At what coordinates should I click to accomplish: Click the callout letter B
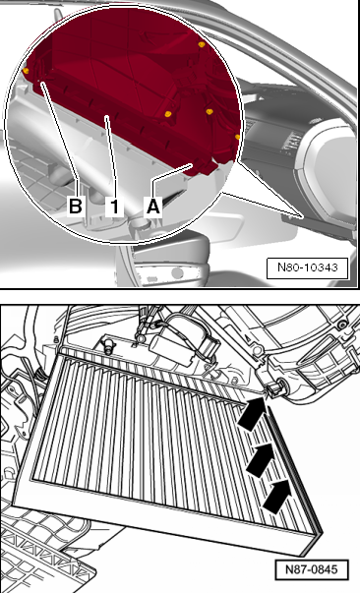click(x=75, y=207)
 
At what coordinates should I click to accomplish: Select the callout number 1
click(x=114, y=207)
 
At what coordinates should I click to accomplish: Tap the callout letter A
click(x=153, y=207)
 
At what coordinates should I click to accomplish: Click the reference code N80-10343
click(x=308, y=267)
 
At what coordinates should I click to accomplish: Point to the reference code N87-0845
click(x=311, y=569)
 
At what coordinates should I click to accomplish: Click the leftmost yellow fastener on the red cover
click(x=26, y=71)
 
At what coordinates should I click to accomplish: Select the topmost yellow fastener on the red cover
click(x=202, y=44)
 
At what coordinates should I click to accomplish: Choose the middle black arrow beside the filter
click(x=261, y=459)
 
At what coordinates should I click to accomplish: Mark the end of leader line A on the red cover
click(x=193, y=164)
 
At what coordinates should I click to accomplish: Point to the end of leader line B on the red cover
click(x=41, y=81)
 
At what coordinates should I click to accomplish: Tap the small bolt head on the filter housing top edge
click(x=108, y=345)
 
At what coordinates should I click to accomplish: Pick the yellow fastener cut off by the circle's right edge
click(x=237, y=137)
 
